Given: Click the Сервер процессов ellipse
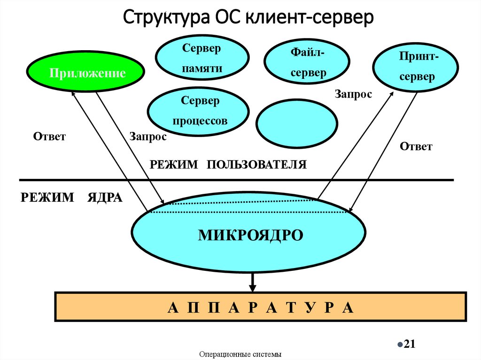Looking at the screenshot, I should coord(198,111).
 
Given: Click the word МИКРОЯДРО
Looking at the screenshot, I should coord(250,235).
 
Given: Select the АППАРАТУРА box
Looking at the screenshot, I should coord(262,307).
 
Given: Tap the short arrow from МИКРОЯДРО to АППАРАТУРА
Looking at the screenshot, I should coord(253,282).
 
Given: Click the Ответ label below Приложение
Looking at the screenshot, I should coord(49,137).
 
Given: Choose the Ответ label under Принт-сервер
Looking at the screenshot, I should coord(416,146).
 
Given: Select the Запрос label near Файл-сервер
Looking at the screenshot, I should coord(353,94).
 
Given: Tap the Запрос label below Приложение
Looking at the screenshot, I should coord(147,137).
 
